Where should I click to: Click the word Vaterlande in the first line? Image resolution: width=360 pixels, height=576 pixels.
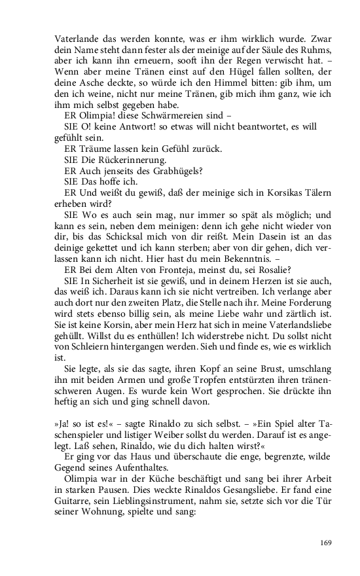75,38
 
